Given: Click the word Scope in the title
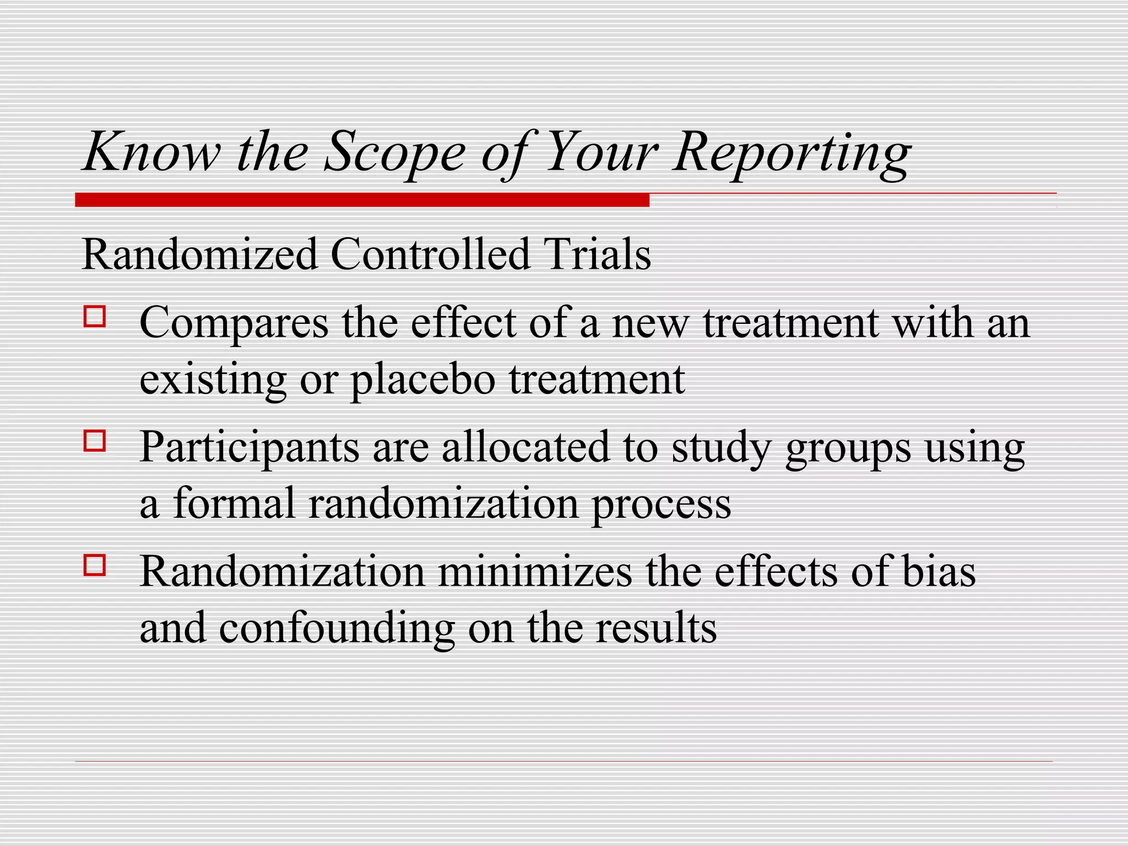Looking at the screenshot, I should (394, 153).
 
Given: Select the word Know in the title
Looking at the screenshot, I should (151, 153).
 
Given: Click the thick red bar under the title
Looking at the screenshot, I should (362, 200).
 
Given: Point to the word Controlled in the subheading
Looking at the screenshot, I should (430, 254).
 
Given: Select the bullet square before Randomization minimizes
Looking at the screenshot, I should (95, 565).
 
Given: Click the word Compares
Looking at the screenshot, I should (234, 323).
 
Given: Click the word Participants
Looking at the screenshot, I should (250, 447).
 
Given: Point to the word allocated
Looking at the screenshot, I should (525, 447).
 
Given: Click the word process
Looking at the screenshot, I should (661, 505).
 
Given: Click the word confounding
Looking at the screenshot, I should (337, 628).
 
